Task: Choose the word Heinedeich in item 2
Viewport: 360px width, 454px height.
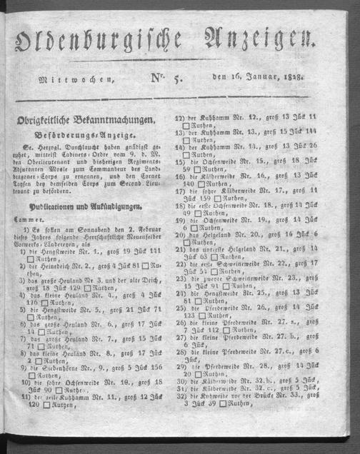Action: pos(72,266)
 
